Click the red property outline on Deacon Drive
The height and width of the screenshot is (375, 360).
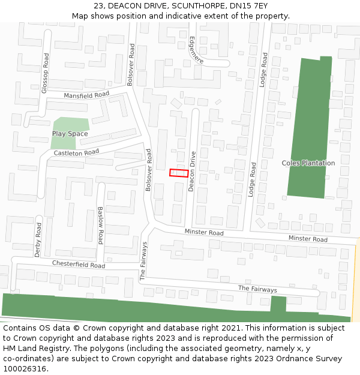179,173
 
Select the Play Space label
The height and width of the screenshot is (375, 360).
70,134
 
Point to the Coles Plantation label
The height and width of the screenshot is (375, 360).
308,163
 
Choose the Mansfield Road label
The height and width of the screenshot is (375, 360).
86,95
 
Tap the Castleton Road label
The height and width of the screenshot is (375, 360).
76,153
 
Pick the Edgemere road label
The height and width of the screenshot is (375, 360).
196,50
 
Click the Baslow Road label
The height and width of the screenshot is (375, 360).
101,226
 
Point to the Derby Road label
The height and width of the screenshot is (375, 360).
38,240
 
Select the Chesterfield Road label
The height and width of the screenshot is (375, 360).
79,265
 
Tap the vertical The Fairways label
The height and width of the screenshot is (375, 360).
143,261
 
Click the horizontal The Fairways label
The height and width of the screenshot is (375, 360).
257,289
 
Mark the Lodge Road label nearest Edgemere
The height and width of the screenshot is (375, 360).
263,70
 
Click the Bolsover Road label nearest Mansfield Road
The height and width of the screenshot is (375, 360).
131,64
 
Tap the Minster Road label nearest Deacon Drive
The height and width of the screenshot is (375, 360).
204,232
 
